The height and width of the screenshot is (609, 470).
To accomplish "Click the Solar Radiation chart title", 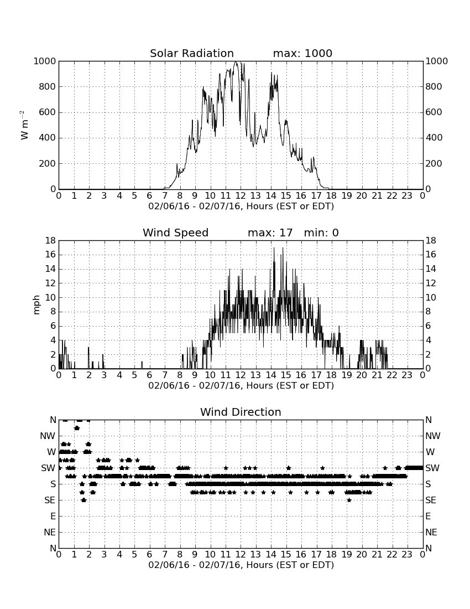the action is [192, 53].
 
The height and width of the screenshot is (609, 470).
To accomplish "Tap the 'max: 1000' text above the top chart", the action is [302, 53].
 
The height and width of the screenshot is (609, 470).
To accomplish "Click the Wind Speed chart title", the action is [176, 233].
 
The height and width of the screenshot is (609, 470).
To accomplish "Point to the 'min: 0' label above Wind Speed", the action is [321, 233].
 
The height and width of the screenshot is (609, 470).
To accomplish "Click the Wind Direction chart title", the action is [241, 412].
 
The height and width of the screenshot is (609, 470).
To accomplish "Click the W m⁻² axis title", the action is [24, 125].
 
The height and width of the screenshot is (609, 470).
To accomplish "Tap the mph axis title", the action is [36, 305].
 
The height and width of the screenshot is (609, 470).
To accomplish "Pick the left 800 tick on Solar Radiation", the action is [48, 86].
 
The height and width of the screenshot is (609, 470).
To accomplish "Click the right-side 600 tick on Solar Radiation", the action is [434, 112].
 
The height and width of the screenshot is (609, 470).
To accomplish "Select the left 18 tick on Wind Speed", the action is [51, 241].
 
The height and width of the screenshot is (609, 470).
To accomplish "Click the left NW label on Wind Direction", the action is [48, 436].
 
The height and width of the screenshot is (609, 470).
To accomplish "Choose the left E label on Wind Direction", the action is [53, 516].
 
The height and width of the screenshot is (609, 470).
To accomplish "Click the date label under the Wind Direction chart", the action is [241, 565].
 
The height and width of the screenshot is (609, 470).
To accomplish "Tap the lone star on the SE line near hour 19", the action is [349, 500].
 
